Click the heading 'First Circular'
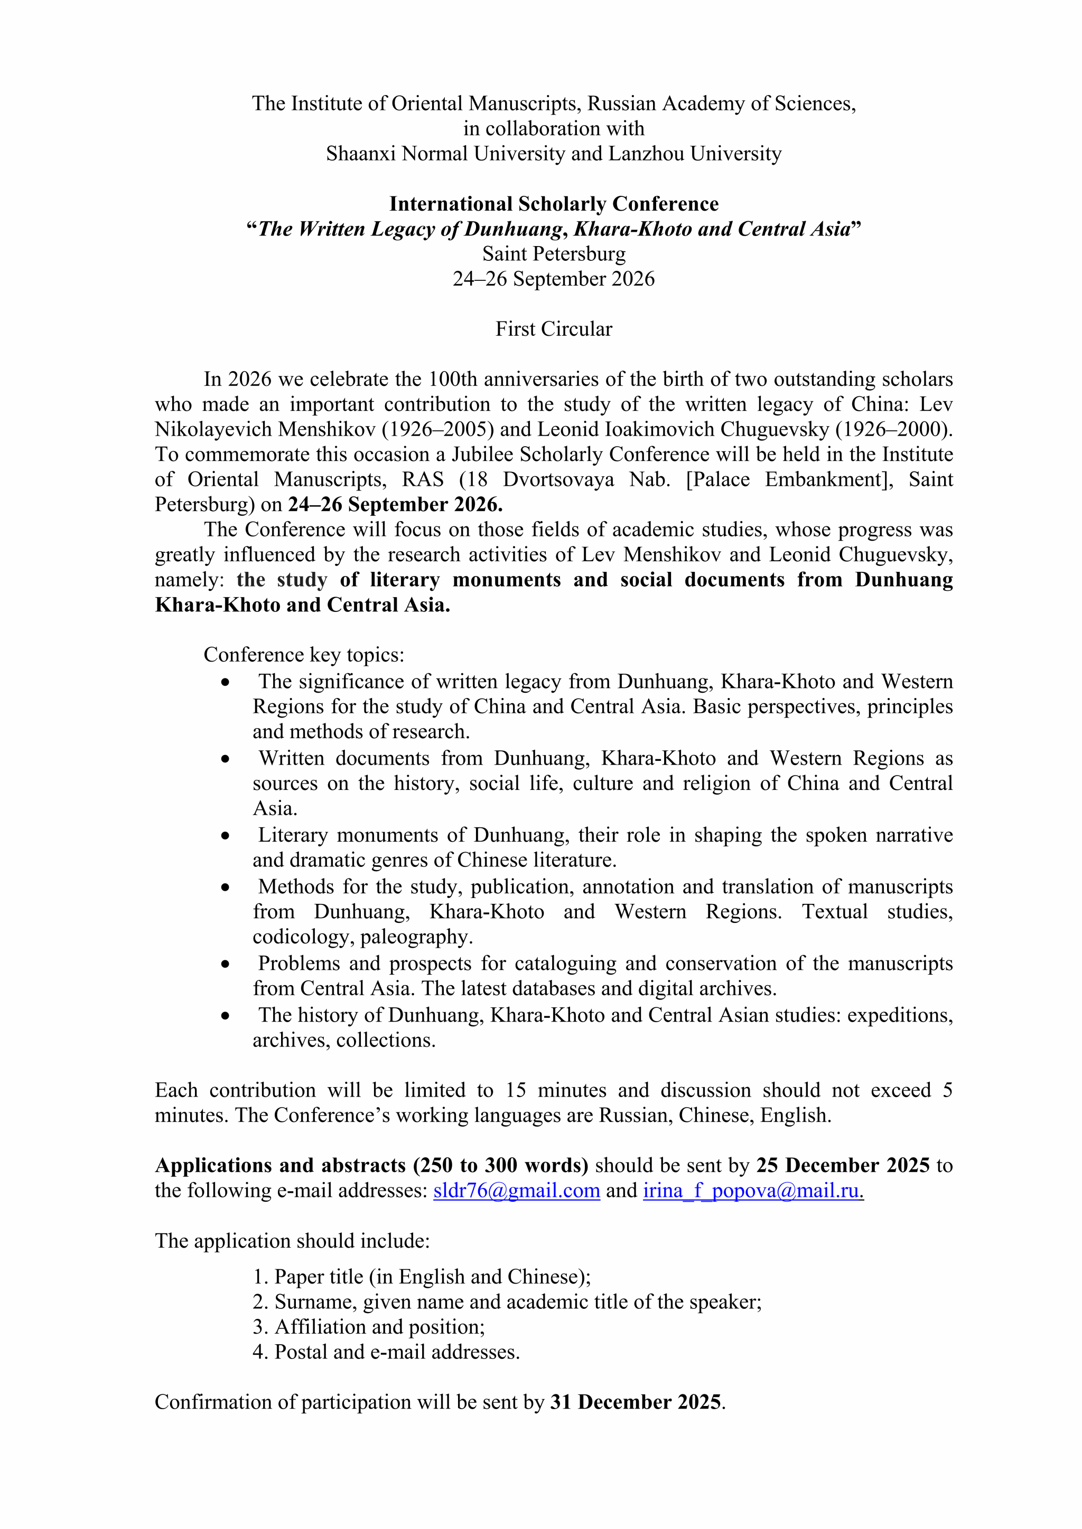point(554,329)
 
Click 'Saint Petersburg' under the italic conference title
point(554,254)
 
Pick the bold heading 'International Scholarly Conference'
point(554,204)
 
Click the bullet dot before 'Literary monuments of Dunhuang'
point(226,836)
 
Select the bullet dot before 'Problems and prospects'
point(226,964)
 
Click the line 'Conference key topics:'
point(304,655)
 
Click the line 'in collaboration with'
point(554,128)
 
